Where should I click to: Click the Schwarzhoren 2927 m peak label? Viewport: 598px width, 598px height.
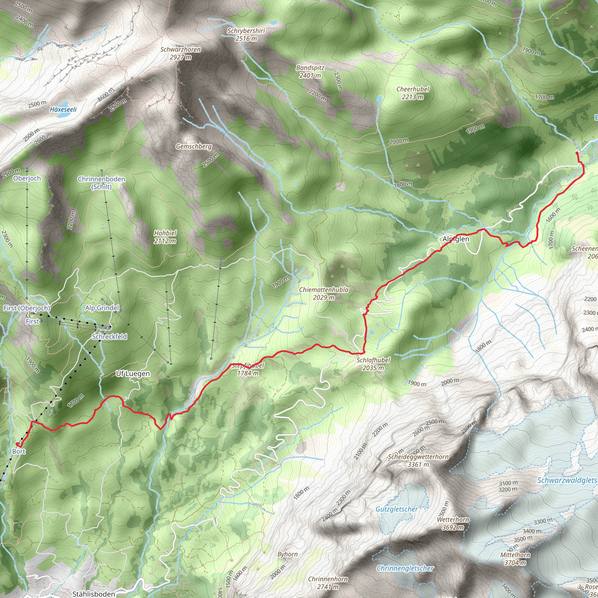pyautogui.click(x=180, y=53)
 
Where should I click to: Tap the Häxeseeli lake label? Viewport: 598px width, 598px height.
pyautogui.click(x=63, y=109)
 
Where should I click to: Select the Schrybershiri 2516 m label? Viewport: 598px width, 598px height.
pyautogui.click(x=246, y=35)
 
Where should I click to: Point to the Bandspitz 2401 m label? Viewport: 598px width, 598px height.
pyautogui.click(x=310, y=72)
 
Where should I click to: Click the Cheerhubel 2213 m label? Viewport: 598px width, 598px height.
pyautogui.click(x=413, y=93)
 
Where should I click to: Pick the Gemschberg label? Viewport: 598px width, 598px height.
pyautogui.click(x=194, y=146)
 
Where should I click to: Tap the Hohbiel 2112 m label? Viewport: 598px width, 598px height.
pyautogui.click(x=165, y=237)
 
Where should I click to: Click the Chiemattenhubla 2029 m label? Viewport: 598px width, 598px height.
pyautogui.click(x=324, y=293)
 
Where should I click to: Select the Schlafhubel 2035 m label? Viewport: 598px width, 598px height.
pyautogui.click(x=373, y=364)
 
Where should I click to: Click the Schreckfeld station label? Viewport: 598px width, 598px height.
pyautogui.click(x=109, y=336)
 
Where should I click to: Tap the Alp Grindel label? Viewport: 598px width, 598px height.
pyautogui.click(x=102, y=308)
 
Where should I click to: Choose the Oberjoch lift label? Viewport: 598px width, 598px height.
pyautogui.click(x=27, y=178)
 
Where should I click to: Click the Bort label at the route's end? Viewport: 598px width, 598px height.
pyautogui.click(x=19, y=451)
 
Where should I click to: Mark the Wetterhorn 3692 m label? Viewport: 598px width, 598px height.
pyautogui.click(x=453, y=524)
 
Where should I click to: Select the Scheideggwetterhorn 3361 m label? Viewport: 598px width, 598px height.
pyautogui.click(x=418, y=460)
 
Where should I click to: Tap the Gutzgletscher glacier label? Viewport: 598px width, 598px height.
pyautogui.click(x=397, y=509)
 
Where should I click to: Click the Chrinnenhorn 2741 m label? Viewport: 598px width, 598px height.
pyautogui.click(x=328, y=583)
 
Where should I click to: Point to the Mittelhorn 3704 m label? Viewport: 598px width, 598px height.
pyautogui.click(x=515, y=559)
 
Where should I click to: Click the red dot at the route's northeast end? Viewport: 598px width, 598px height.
pyautogui.click(x=577, y=153)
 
